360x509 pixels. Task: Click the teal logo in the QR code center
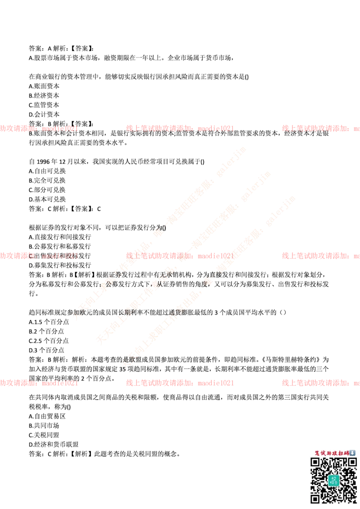point(333,480)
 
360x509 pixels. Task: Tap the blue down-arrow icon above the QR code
point(352,453)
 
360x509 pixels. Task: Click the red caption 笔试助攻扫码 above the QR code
point(331,453)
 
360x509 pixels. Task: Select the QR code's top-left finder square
point(315,462)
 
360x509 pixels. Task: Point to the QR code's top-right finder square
point(351,462)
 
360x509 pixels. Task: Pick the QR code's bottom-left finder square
point(315,498)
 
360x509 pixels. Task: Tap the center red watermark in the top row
point(180,128)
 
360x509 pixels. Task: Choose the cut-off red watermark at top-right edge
point(320,128)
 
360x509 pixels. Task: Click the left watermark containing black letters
point(40,256)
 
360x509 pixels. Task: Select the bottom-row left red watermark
point(40,383)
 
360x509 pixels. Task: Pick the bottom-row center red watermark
point(180,383)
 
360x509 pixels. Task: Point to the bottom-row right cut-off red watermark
point(320,383)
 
